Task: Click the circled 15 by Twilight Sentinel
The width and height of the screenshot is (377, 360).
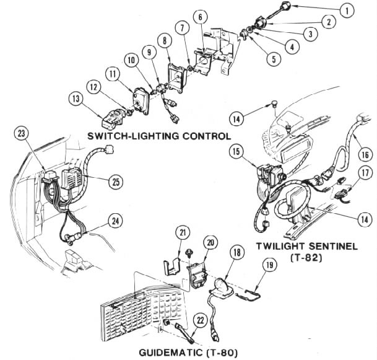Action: (x=235, y=151)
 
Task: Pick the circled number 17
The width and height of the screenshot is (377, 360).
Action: (x=365, y=173)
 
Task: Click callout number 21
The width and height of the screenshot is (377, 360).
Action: (x=182, y=232)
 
